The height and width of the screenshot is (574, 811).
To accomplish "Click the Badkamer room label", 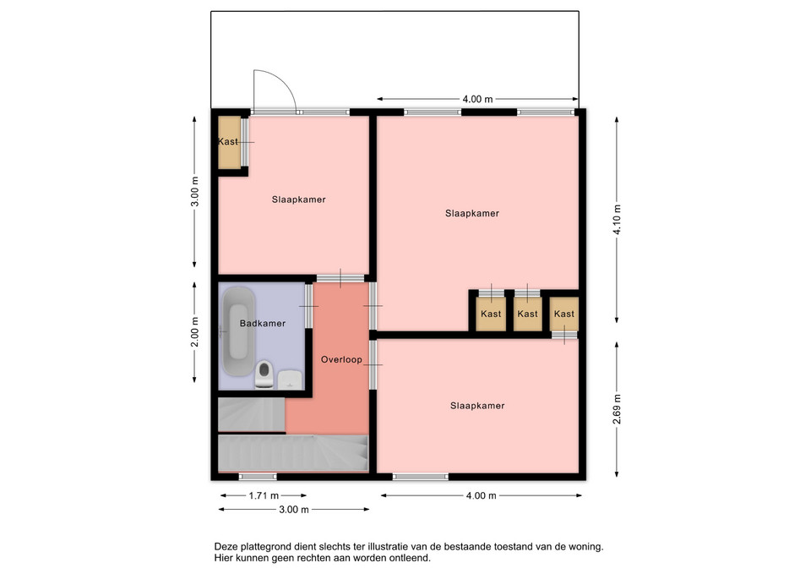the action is [262, 324].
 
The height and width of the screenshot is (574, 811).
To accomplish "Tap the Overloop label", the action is [341, 360].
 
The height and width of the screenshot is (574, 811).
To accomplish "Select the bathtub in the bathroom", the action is [238, 331].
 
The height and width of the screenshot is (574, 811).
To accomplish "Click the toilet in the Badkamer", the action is [264, 374].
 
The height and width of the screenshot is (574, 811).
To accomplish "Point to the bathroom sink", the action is [291, 379].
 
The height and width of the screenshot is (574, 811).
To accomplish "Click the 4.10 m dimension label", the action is [617, 220].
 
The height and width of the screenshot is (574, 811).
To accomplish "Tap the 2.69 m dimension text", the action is [617, 409].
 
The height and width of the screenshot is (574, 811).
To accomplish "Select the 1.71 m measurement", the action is [264, 496].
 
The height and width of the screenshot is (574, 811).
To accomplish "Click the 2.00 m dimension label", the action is [194, 331].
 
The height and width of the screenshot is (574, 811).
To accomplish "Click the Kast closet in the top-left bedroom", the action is [229, 142].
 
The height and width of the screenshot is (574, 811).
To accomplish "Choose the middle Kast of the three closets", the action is [527, 314].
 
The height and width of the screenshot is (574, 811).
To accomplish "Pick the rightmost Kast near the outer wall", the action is [563, 314].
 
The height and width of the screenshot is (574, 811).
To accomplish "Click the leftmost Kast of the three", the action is [491, 314].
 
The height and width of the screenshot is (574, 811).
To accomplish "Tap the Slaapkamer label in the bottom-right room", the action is [477, 406].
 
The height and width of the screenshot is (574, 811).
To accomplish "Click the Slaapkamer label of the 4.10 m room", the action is [472, 213].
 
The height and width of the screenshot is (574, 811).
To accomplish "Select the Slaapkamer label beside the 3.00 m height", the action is [299, 200].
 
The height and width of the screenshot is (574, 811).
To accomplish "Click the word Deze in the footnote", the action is [225, 547].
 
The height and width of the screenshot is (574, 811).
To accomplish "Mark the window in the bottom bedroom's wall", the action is [421, 477].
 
